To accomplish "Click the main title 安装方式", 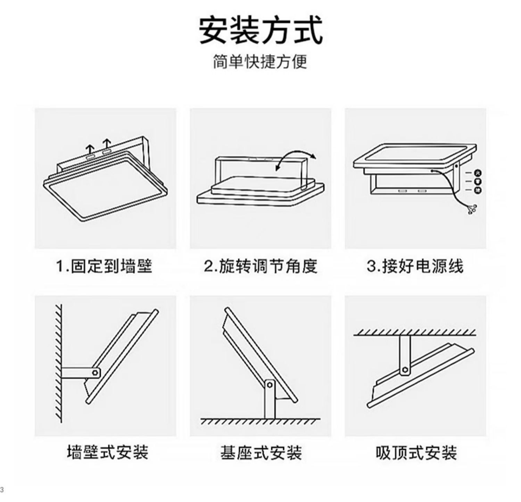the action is coord(260,31).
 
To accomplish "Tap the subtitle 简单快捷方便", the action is coord(260,62).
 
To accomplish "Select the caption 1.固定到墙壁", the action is coord(105,267).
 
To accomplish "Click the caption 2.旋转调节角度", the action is coord(260,267).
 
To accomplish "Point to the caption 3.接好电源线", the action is coord(415,267).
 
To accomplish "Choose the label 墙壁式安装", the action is coord(107,452).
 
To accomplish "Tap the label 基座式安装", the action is coord(261,452).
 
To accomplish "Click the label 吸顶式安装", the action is coord(416,452).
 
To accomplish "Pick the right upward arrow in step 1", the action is coord(107,144).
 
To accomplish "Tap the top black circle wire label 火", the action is coord(478,173).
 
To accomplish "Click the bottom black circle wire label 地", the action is coord(478,190).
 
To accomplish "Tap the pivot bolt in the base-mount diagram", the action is coord(270,385).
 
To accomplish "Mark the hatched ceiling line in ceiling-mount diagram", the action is coord(415,333).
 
